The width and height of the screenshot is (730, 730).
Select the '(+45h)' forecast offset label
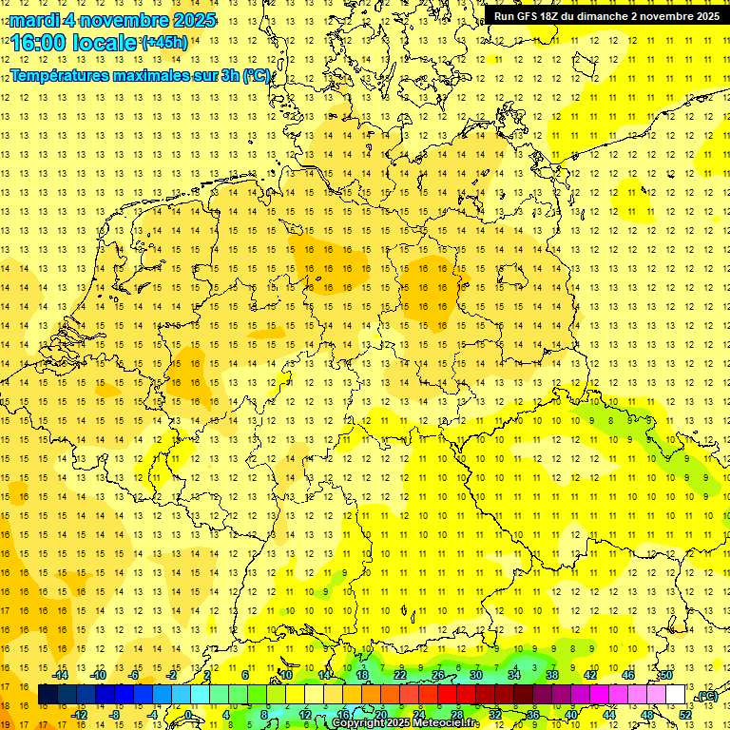point(164,42)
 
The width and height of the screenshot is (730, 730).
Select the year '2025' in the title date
point(190,19)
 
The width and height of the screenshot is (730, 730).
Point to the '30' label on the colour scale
point(475,675)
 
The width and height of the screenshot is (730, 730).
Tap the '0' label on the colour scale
point(188,715)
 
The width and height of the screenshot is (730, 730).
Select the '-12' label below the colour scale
point(80,715)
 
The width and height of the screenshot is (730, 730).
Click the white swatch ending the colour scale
point(675,695)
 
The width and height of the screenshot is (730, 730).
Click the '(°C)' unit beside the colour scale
point(705,696)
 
